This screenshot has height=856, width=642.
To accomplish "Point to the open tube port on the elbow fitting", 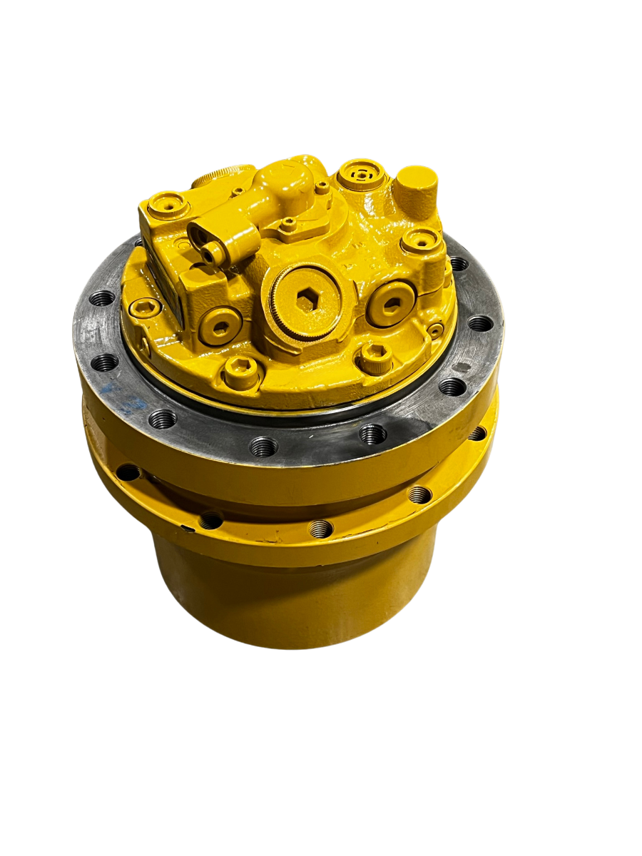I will pyautogui.click(x=211, y=253).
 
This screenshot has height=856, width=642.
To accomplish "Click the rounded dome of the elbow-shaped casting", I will pyautogui.click(x=292, y=171).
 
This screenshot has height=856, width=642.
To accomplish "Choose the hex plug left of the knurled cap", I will pyautogui.click(x=220, y=327).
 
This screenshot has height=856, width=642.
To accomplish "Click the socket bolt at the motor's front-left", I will pyautogui.click(x=240, y=370).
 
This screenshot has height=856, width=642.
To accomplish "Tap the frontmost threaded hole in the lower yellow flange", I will pyautogui.click(x=320, y=529).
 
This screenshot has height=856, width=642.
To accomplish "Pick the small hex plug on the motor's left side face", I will pyautogui.click(x=145, y=308).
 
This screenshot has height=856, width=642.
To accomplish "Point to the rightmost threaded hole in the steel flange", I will pyautogui.click(x=479, y=324).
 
